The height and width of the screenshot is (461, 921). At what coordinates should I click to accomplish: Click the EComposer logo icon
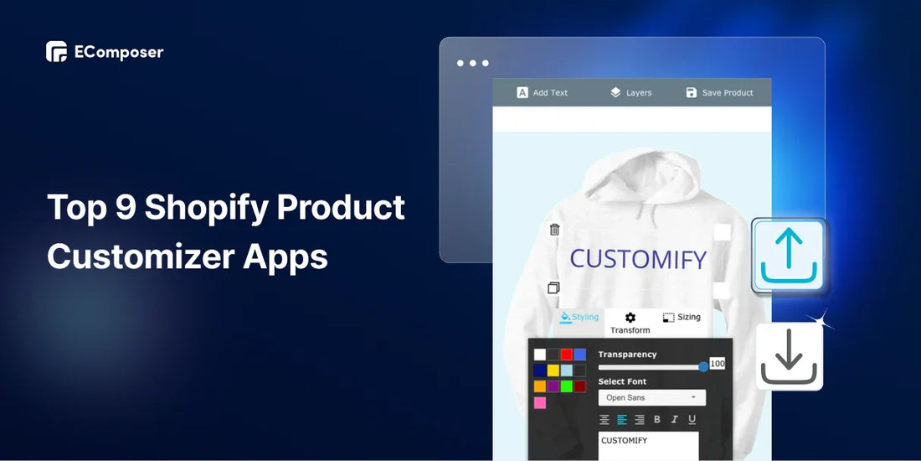tap(56, 52)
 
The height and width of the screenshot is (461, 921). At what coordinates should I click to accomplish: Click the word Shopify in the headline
tap(207, 209)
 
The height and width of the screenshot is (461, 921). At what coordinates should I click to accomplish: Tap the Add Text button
tap(543, 92)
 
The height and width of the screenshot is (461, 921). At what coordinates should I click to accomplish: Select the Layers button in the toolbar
tap(630, 92)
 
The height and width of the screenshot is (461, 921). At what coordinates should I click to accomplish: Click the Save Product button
tap(719, 92)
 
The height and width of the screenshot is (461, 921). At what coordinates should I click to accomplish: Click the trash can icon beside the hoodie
tap(554, 230)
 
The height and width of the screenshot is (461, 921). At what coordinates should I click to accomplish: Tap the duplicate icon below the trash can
tap(553, 287)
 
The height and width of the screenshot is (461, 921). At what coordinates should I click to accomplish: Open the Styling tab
tap(579, 317)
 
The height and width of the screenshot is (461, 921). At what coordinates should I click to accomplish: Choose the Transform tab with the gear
tap(630, 324)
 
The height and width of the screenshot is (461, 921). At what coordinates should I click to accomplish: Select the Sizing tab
tap(682, 318)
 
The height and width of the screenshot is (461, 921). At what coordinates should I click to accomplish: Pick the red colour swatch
tap(566, 355)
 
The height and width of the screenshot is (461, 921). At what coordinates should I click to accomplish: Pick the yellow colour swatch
tap(553, 370)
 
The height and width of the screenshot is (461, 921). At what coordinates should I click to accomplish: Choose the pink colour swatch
tap(540, 403)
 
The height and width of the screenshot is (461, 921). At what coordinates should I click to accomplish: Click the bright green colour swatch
tap(566, 386)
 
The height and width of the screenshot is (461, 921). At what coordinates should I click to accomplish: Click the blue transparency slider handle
tap(703, 366)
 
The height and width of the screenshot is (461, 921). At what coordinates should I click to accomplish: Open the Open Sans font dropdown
tap(652, 397)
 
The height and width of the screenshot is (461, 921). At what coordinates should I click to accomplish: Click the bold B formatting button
tap(657, 419)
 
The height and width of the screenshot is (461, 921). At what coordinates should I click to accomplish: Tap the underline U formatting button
tap(692, 419)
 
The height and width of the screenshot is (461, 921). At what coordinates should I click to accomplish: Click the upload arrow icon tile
tap(789, 255)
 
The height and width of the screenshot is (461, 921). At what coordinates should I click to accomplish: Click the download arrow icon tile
tap(789, 356)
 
